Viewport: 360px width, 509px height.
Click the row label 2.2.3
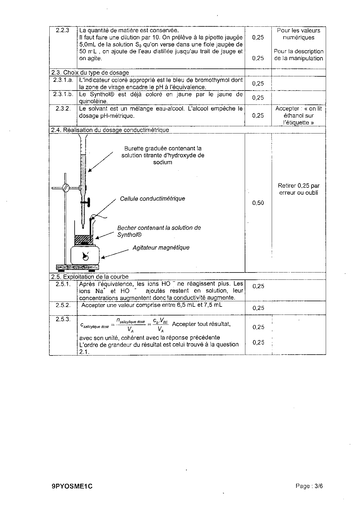(x=63, y=30)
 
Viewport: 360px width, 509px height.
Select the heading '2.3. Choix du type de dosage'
(x=90, y=73)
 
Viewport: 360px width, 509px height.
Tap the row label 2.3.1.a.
(x=63, y=80)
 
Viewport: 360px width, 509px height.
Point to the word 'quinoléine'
(x=93, y=101)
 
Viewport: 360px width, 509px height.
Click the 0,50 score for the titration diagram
(x=258, y=203)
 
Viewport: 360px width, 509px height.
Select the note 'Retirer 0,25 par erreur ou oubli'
(x=298, y=189)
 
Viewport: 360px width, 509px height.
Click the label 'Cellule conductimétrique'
(x=152, y=198)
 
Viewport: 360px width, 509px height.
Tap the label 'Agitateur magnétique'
(x=161, y=248)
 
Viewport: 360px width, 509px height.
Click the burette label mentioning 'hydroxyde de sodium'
(x=163, y=155)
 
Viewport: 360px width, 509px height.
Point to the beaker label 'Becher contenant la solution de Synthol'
(x=159, y=231)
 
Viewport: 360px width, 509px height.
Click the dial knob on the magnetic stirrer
(x=86, y=257)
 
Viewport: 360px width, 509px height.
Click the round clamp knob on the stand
(x=66, y=188)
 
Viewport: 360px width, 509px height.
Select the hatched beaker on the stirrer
(x=84, y=240)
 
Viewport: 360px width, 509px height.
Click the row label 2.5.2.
(x=63, y=305)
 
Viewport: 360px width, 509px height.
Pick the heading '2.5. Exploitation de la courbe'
(x=90, y=277)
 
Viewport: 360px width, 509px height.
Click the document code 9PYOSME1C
(x=72, y=487)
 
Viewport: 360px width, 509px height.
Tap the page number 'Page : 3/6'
(x=309, y=486)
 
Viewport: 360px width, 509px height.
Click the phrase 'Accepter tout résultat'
(x=201, y=324)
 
